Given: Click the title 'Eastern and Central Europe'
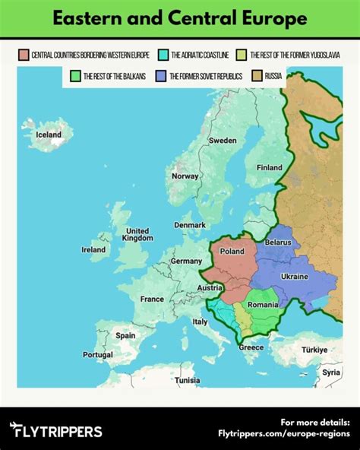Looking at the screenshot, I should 180,17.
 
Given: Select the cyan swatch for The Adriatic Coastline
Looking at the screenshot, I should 163,55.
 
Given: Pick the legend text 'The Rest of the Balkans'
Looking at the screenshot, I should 115,76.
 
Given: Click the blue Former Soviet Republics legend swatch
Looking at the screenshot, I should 160,76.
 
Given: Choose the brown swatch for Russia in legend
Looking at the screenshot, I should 257,76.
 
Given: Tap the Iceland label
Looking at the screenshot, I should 49,135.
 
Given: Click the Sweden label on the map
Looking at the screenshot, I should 223,141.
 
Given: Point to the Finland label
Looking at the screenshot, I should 269,168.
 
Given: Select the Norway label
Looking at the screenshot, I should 185,176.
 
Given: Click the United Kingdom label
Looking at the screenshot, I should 137,234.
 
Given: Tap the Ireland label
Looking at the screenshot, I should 93,249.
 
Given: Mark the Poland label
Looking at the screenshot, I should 232,252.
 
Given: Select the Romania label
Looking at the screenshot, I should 263,305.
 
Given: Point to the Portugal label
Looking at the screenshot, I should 98,355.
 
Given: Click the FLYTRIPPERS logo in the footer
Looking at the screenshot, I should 57,432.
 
